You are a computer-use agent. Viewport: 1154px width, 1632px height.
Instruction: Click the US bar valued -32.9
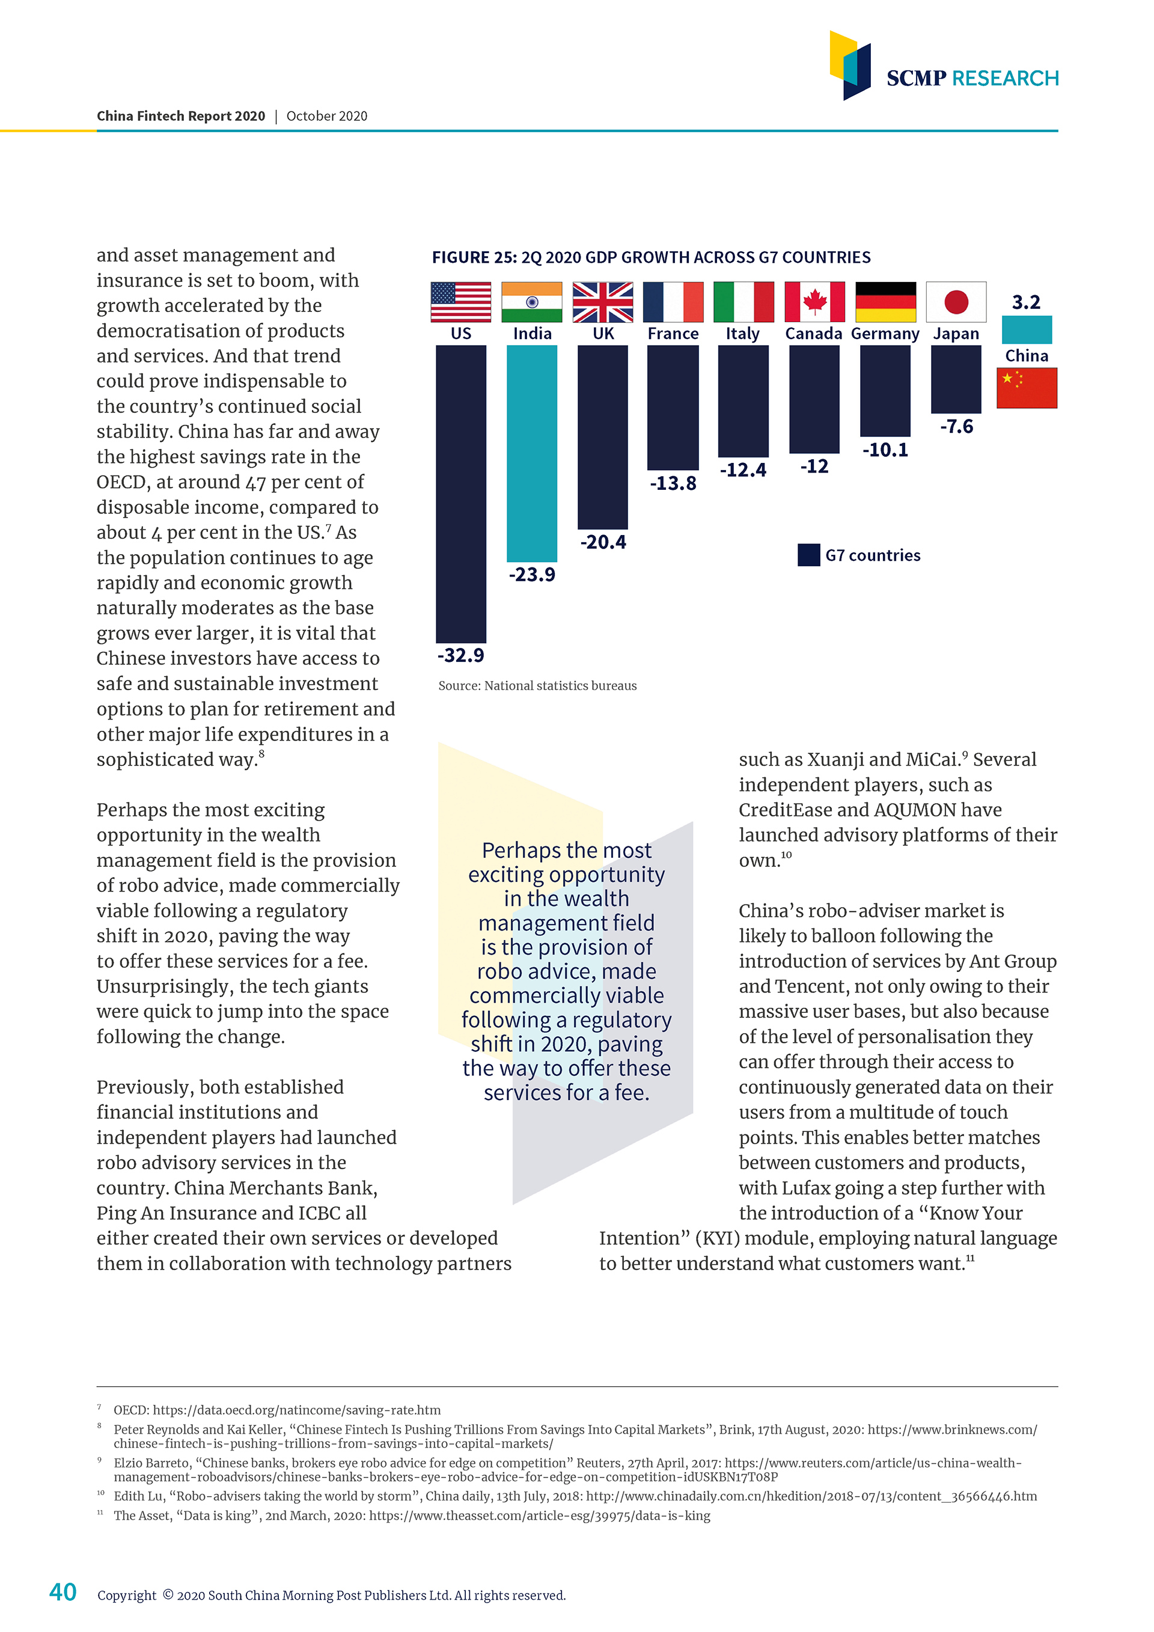tap(460, 494)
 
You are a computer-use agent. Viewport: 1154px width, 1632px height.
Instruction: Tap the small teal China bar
tap(1026, 330)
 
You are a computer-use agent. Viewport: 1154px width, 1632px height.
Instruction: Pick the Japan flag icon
tap(956, 302)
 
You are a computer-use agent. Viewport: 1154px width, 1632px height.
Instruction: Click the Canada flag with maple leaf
tap(814, 302)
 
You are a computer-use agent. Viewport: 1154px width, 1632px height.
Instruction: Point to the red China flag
tap(1026, 388)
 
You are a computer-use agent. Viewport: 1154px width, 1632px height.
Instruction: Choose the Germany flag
tap(885, 302)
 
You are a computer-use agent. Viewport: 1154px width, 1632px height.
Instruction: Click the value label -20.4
tap(603, 542)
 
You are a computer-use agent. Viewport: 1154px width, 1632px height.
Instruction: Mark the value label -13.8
tap(673, 483)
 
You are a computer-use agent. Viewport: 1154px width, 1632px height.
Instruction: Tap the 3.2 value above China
tap(1026, 303)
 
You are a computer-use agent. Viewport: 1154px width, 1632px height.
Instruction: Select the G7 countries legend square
tap(808, 555)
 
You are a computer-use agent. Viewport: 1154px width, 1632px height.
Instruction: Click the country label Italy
tap(742, 334)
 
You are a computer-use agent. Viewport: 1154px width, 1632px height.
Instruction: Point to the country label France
tap(673, 334)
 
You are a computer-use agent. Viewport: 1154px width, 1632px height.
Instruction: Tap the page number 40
tap(63, 1592)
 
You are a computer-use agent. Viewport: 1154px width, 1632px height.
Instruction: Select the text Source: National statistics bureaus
tap(537, 686)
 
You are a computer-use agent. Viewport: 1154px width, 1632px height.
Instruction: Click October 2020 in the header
tap(327, 117)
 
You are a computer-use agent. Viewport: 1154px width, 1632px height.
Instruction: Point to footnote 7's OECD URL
tap(296, 1410)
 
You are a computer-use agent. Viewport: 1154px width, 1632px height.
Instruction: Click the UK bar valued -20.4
tap(603, 436)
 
